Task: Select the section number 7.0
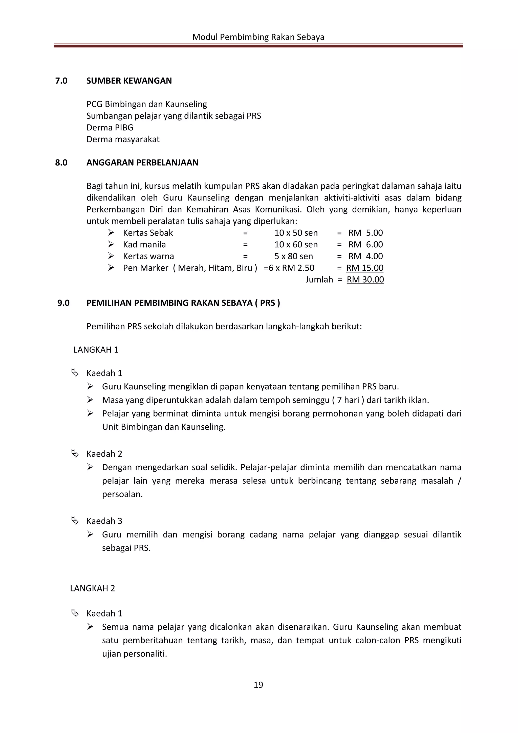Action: tap(61, 81)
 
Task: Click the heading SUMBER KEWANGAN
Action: tap(129, 81)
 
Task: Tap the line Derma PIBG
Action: tap(110, 128)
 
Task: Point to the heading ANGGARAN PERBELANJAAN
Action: tap(142, 163)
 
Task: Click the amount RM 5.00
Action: tap(365, 233)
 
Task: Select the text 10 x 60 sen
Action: tap(296, 245)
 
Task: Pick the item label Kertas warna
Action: tap(148, 256)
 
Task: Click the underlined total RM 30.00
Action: tap(365, 280)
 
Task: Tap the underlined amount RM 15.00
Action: tap(364, 268)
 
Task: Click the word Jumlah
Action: tap(319, 280)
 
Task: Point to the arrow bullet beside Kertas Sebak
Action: tap(111, 232)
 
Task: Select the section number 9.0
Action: tap(63, 303)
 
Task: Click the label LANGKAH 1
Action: tap(96, 350)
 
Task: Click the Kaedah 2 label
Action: tap(104, 454)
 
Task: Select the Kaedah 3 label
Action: tap(104, 521)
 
